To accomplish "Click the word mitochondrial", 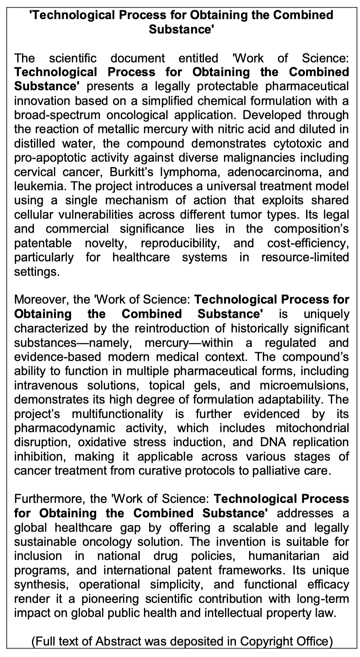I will tap(312, 428).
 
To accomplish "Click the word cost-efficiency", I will tap(308, 243).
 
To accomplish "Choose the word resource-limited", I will tap(305, 257).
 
